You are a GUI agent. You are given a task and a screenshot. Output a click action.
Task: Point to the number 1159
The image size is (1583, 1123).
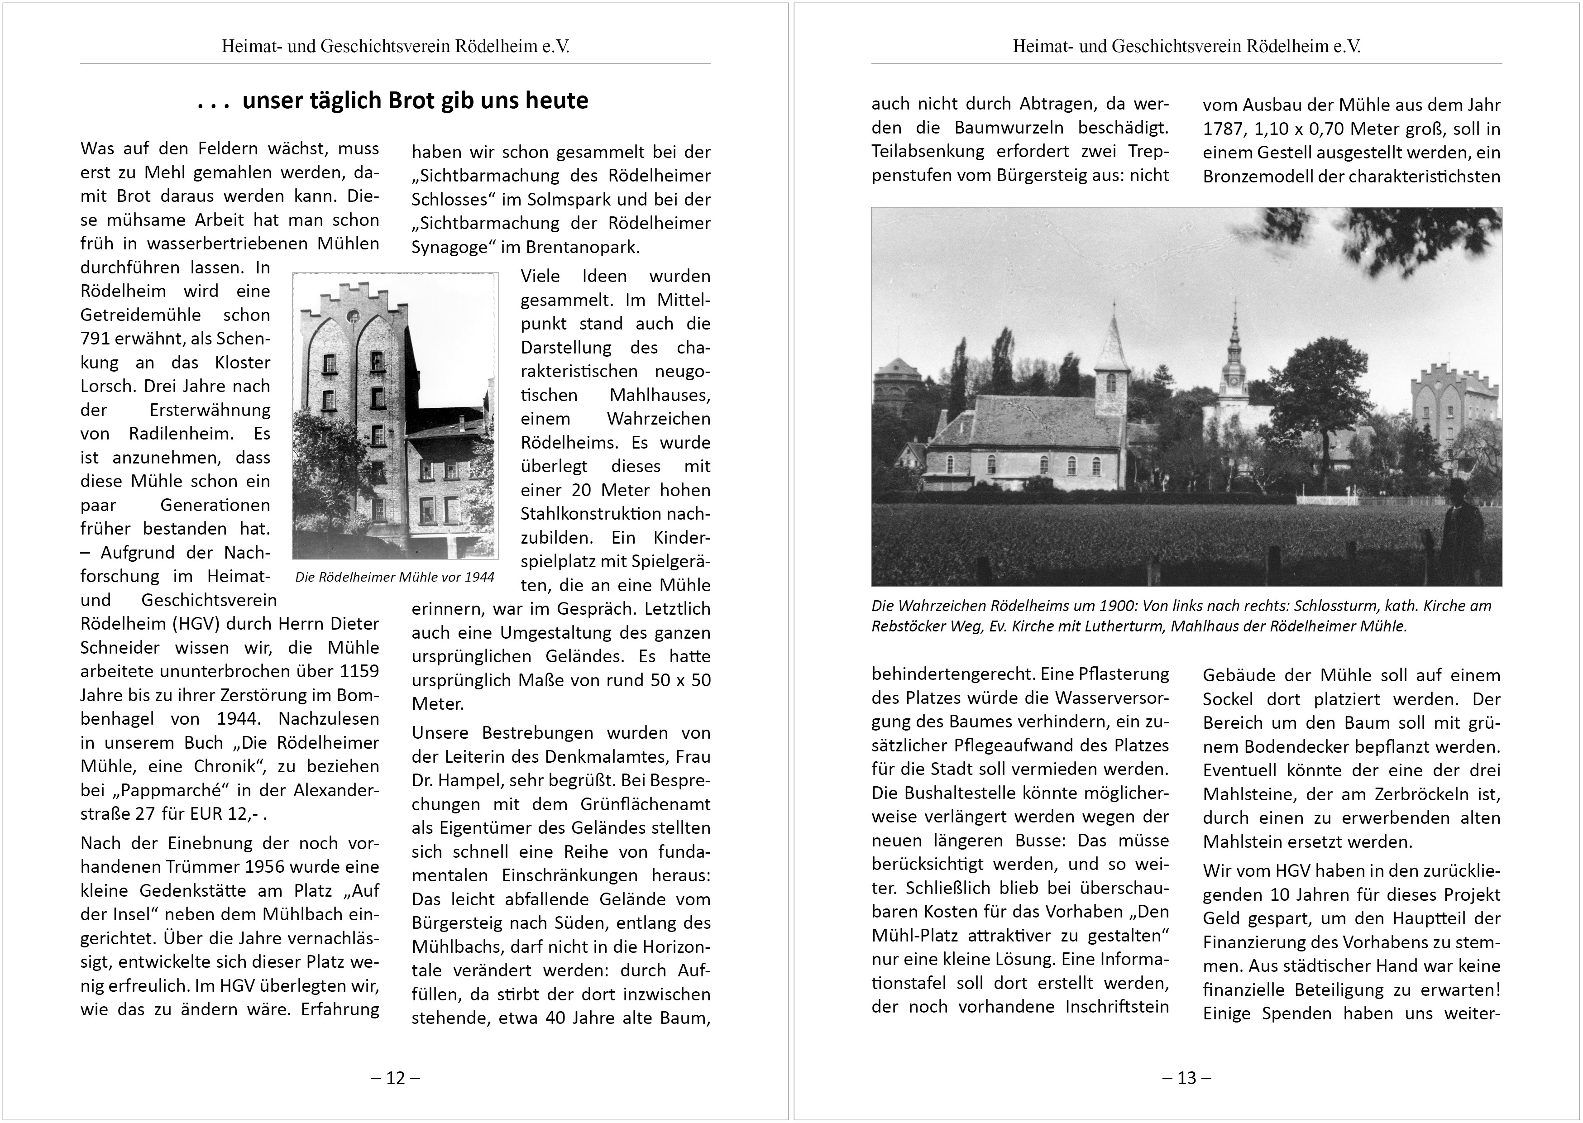[x=359, y=671]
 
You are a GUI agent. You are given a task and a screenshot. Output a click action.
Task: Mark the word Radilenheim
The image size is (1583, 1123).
[x=181, y=434]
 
